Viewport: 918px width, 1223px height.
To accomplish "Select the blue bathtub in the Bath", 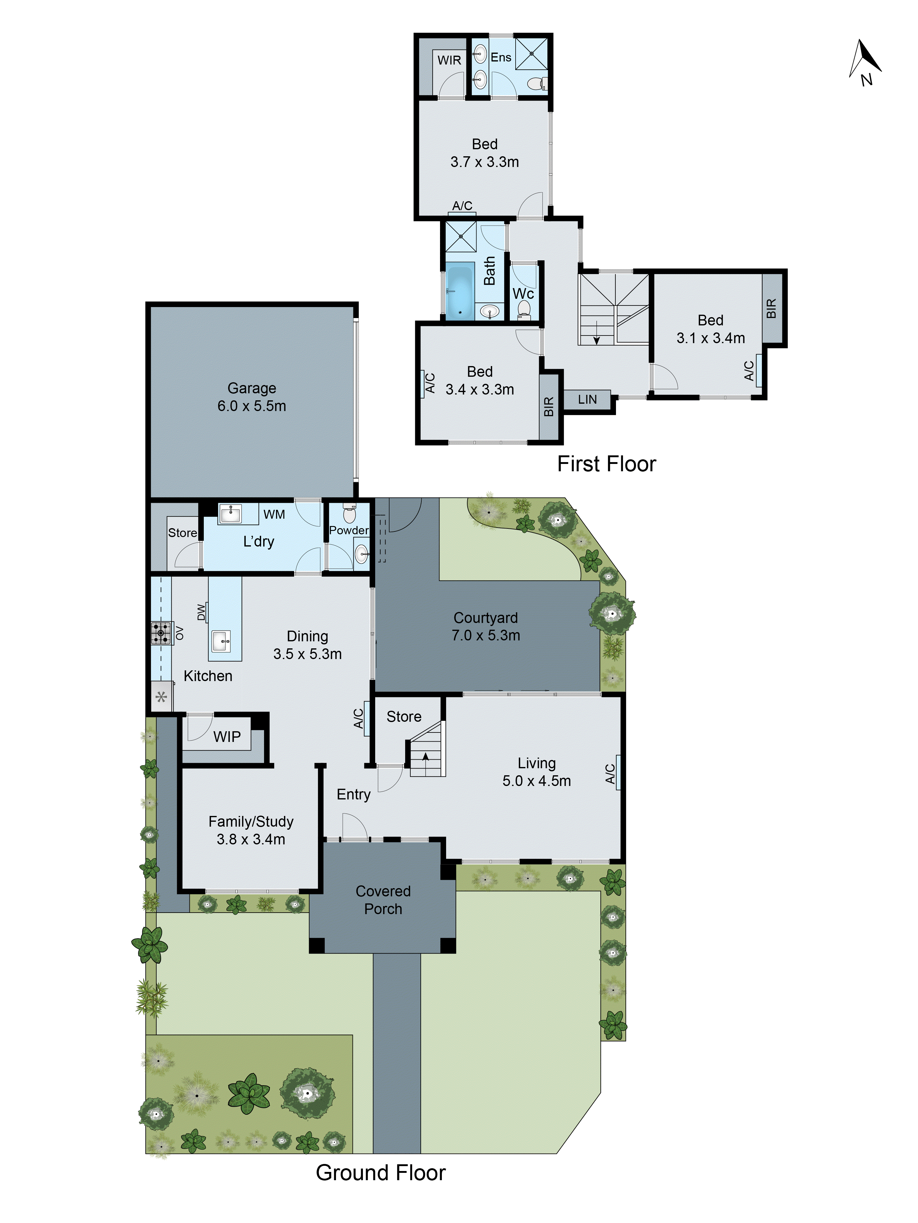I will coord(459,293).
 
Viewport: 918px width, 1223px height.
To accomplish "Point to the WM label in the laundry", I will coord(274,514).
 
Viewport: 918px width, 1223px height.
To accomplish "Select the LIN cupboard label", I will coord(587,399).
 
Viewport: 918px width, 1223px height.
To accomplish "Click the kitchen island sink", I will coord(221,641).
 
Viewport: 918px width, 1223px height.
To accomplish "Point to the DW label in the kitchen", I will coord(201,612).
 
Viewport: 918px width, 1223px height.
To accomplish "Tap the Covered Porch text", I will coord(383,899).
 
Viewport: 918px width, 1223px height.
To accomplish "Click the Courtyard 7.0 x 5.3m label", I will coord(486,626).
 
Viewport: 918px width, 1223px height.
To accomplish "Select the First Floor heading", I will coord(606,464).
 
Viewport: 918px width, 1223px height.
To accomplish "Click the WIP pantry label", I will coord(227,736).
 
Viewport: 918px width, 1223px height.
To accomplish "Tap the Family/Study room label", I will coord(251,830).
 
